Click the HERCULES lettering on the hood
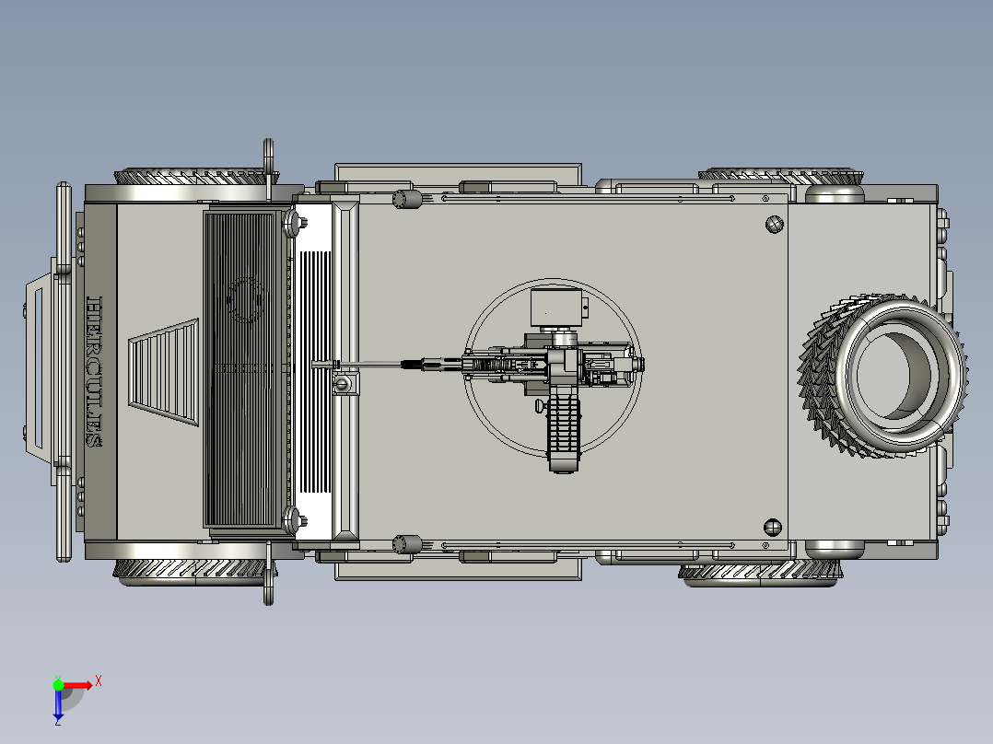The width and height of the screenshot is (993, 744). tap(94, 372)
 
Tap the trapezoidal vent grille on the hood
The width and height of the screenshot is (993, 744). tap(164, 372)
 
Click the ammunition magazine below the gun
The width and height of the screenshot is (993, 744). tap(563, 433)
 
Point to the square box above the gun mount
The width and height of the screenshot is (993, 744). tap(556, 308)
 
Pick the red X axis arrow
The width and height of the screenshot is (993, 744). tap(78, 685)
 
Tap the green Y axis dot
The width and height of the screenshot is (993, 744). tap(58, 685)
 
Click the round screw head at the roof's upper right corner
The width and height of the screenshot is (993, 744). tap(774, 224)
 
